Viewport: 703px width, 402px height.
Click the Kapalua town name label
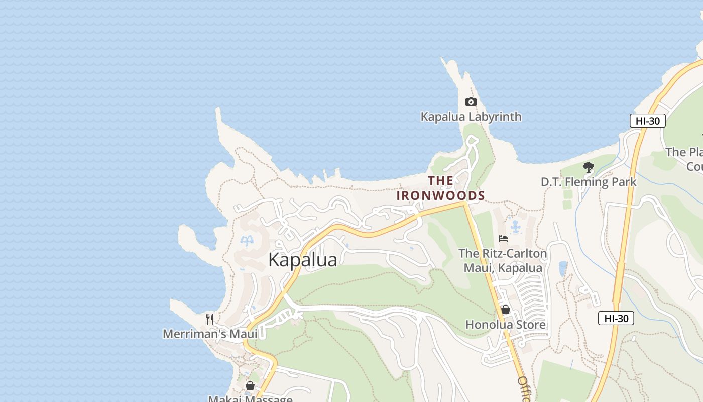302,260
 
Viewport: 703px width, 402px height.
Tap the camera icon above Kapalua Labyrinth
471,102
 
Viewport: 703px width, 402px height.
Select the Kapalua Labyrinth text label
471,117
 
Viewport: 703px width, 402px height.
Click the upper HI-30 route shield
647,121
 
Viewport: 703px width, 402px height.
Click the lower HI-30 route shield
616,318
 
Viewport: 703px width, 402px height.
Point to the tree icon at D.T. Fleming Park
588,167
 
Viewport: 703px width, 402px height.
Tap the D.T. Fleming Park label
588,182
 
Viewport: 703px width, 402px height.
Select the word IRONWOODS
440,195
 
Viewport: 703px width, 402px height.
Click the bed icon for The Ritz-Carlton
503,239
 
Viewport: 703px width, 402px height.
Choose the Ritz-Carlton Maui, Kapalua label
503,261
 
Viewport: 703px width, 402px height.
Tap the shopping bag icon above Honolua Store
505,310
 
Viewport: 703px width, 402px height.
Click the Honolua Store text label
505,325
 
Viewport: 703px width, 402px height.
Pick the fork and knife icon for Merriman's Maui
210,319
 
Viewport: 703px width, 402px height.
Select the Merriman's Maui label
210,334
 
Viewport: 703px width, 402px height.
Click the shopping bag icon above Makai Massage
250,386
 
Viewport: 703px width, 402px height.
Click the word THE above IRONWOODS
440,180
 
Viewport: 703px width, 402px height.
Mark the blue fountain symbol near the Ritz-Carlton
515,227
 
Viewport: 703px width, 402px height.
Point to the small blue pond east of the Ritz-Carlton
563,269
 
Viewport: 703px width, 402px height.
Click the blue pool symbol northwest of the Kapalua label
247,242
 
